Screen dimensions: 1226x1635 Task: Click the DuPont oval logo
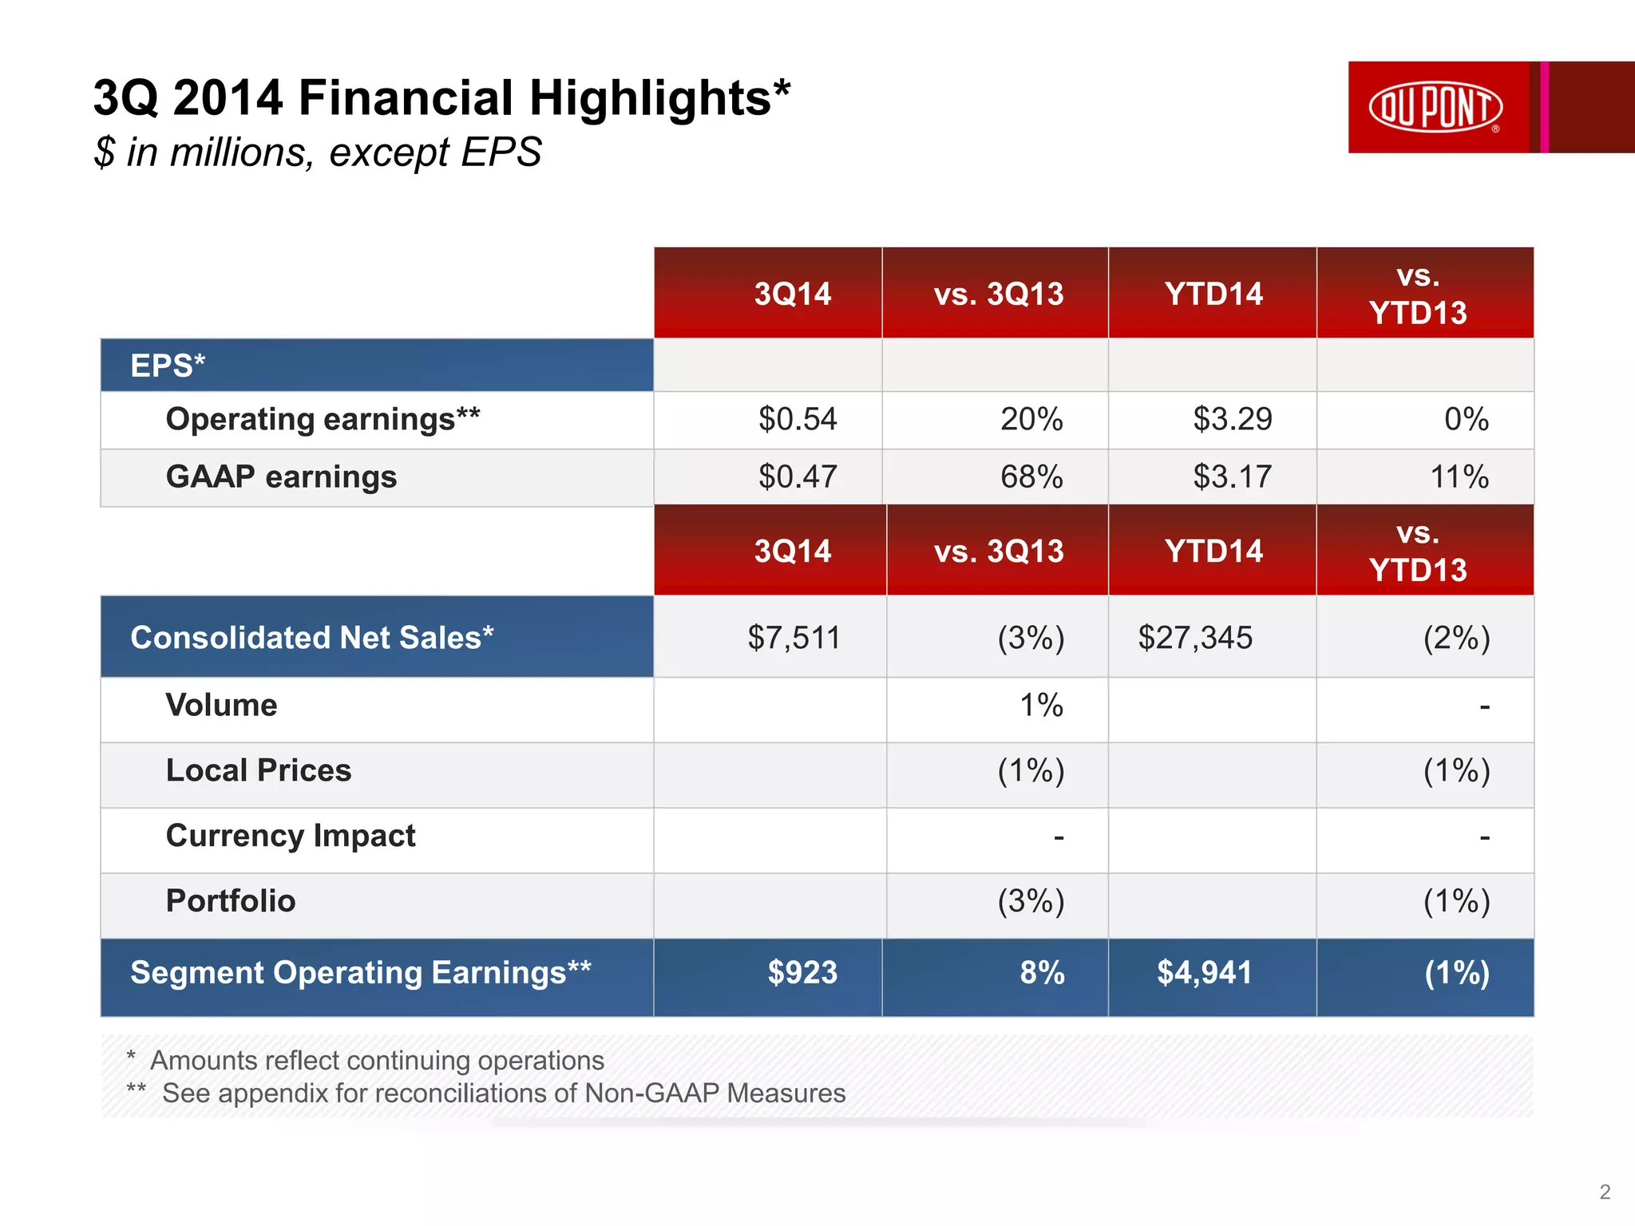(1435, 106)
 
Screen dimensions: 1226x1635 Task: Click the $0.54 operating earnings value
(797, 419)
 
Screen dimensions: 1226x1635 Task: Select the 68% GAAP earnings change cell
(1031, 477)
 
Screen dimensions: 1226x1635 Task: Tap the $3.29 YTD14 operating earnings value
(1232, 419)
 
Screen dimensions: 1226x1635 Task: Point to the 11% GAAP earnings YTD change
(1459, 477)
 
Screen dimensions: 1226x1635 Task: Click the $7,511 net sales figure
(794, 638)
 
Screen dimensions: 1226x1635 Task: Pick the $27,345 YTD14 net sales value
(1195, 638)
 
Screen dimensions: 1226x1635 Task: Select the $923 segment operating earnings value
(802, 973)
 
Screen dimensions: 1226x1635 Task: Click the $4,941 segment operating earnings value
(1204, 973)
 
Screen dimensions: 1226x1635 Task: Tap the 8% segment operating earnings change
(1042, 973)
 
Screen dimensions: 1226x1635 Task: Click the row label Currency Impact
(291, 836)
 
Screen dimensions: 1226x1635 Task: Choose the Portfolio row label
(231, 901)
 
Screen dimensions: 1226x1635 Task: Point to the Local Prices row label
(259, 771)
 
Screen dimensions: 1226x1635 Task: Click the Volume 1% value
(1041, 706)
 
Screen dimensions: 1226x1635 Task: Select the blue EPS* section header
(168, 366)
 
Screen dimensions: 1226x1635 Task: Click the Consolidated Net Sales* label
(312, 638)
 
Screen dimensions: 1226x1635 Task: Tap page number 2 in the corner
(1605, 1192)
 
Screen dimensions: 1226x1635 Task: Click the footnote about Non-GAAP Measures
(503, 1093)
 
